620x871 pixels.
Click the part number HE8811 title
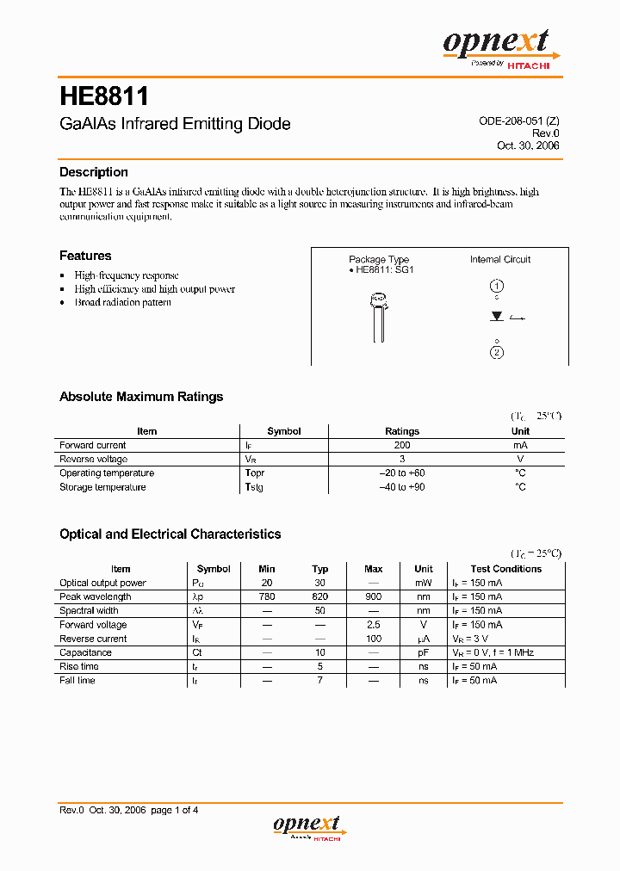103,95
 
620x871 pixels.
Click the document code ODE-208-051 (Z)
518,121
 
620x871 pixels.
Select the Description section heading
94,172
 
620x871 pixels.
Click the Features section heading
85,256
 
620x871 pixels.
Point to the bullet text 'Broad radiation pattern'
122,303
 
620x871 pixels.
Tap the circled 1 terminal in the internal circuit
497,287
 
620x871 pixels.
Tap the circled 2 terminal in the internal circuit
497,352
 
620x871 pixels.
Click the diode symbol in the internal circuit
497,317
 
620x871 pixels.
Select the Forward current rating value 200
402,446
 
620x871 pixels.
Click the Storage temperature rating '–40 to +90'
402,487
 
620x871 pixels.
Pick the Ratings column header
402,431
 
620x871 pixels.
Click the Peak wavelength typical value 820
320,596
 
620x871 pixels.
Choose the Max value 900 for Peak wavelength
374,596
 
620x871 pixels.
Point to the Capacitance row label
85,652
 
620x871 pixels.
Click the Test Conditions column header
506,569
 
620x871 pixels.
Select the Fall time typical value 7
320,681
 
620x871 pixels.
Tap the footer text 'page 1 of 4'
175,810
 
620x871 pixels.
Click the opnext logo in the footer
308,826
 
